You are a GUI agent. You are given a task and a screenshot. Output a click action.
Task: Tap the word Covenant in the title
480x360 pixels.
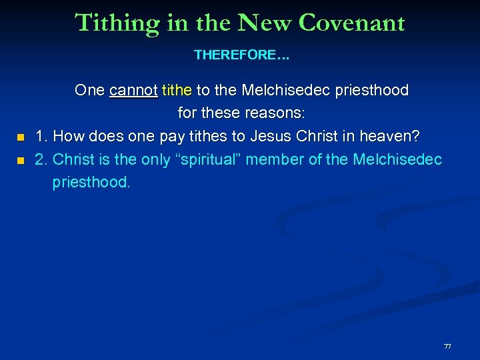(352, 23)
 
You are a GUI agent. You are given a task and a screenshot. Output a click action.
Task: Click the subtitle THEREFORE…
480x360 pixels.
(241, 55)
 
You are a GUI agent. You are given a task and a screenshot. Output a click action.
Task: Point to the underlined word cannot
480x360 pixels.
(133, 90)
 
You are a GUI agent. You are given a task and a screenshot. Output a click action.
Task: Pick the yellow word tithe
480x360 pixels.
(177, 90)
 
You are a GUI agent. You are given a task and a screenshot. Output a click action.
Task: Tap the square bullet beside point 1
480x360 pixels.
(20, 137)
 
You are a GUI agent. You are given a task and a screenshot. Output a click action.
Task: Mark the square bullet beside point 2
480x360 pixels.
(20, 161)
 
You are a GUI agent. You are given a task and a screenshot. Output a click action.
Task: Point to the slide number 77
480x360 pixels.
(447, 347)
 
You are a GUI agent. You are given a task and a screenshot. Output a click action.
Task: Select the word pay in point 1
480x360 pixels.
(171, 137)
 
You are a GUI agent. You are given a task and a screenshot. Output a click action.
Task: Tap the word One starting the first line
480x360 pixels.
(90, 90)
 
